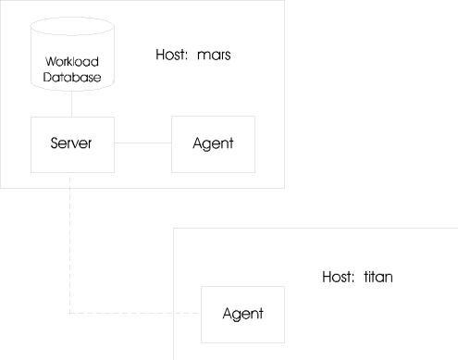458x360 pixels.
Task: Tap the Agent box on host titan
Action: [x=242, y=313]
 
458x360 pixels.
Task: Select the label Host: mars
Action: [x=192, y=56]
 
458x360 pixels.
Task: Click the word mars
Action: [x=213, y=56]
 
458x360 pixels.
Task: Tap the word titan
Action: [x=382, y=277]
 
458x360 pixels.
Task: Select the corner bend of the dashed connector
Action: [x=70, y=314]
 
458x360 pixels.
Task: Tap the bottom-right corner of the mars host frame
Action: [x=284, y=188]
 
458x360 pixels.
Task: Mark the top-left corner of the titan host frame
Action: [x=174, y=228]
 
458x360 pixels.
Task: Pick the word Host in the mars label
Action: [x=171, y=56]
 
